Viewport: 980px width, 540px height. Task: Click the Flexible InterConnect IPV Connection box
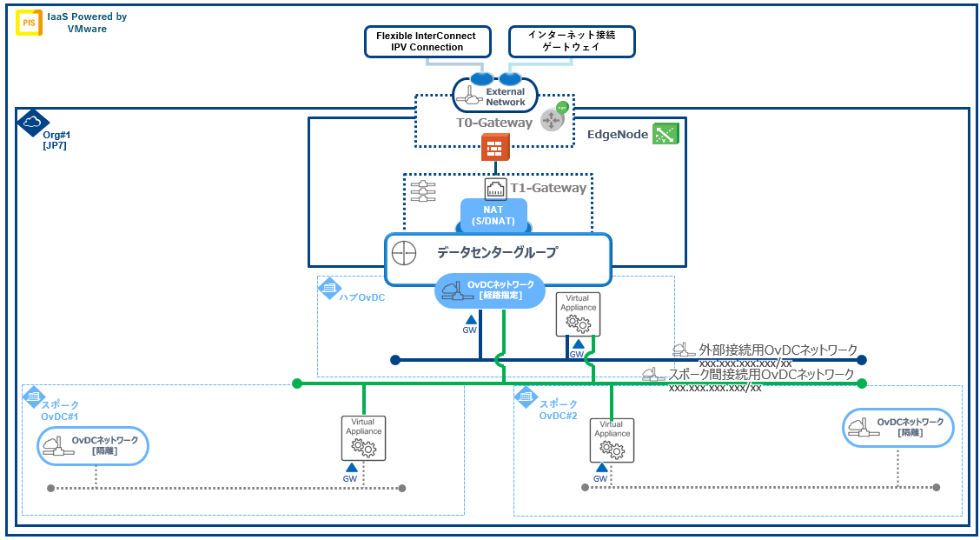pyautogui.click(x=427, y=41)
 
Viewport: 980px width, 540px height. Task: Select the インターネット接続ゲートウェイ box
pyautogui.click(x=571, y=41)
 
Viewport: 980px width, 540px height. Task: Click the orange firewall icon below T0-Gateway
pyautogui.click(x=495, y=149)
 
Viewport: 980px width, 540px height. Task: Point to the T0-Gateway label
pyautogui.click(x=494, y=123)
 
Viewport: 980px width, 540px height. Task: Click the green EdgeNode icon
pyautogui.click(x=665, y=134)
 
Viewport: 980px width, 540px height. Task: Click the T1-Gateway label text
pyautogui.click(x=547, y=188)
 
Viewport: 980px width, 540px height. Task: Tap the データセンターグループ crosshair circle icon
pyautogui.click(x=405, y=254)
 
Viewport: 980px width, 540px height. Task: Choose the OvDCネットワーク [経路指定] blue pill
pyautogui.click(x=490, y=290)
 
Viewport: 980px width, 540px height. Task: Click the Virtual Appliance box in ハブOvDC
pyautogui.click(x=578, y=313)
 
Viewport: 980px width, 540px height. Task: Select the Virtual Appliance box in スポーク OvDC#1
pyautogui.click(x=363, y=437)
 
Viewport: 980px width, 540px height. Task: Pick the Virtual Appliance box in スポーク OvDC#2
pyautogui.click(x=612, y=439)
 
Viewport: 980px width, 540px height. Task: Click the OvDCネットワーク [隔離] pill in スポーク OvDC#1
pyautogui.click(x=94, y=446)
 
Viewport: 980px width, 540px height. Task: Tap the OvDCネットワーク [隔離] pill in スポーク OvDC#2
pyautogui.click(x=898, y=427)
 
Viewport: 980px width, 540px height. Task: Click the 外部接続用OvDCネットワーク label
pyautogui.click(x=778, y=350)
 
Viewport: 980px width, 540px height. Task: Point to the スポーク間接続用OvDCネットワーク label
pyautogui.click(x=760, y=374)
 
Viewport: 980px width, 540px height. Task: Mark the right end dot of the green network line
pyautogui.click(x=862, y=383)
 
